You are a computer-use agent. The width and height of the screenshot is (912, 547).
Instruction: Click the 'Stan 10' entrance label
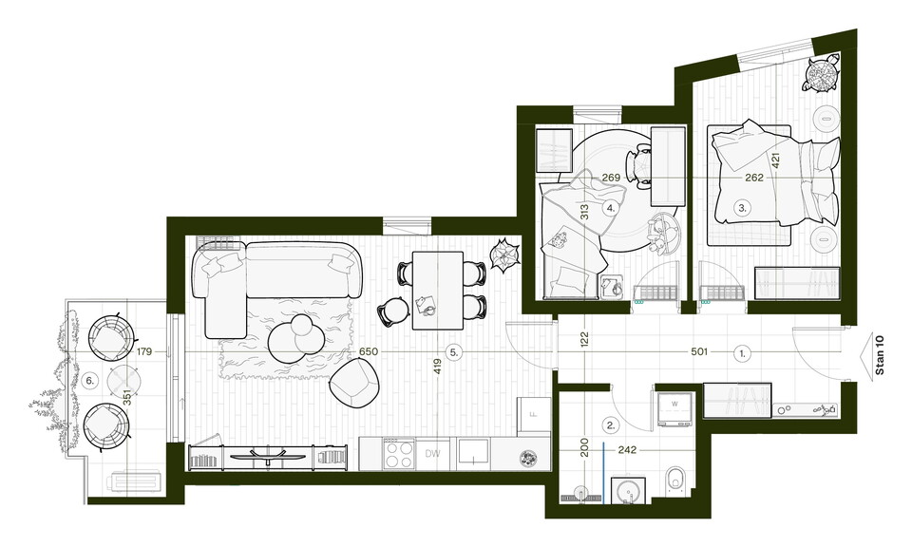click(x=879, y=354)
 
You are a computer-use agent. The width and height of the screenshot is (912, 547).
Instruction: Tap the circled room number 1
click(x=742, y=352)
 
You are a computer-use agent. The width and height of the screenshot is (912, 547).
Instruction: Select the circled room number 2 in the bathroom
click(x=610, y=424)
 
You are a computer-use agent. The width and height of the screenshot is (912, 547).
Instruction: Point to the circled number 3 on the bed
click(x=742, y=207)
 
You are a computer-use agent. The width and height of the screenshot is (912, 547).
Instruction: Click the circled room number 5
click(x=454, y=351)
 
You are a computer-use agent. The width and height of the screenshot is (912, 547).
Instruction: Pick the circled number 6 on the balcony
click(x=89, y=381)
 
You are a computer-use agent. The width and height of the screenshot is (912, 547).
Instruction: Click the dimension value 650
click(x=369, y=351)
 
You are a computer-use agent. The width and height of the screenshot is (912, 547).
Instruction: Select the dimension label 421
click(x=775, y=160)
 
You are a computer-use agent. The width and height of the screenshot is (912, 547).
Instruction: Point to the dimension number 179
click(x=144, y=351)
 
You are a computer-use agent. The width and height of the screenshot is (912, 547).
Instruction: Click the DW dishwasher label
click(x=433, y=454)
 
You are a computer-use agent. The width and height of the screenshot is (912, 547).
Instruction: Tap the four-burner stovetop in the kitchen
click(x=399, y=453)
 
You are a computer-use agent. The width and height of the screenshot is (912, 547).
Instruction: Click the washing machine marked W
click(x=675, y=409)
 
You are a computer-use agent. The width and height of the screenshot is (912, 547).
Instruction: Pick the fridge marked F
click(x=534, y=415)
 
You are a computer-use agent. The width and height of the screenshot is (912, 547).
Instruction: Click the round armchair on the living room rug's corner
click(x=354, y=383)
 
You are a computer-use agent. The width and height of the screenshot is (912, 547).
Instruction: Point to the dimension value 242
click(x=627, y=449)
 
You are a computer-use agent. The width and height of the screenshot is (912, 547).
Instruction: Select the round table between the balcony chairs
click(x=124, y=381)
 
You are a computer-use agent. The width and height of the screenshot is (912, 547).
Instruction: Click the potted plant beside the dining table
click(x=503, y=255)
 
